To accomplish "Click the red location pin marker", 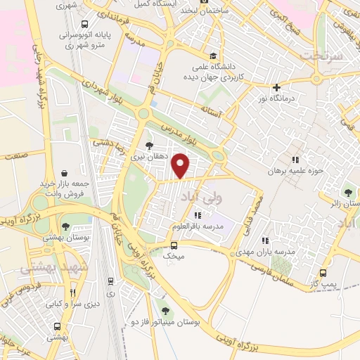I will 181,165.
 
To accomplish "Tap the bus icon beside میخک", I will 174,245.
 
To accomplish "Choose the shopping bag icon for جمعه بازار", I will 65,173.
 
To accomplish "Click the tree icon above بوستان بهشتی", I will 65,226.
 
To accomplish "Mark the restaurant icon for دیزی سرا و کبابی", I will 72,295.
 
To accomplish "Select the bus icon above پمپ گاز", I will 323,273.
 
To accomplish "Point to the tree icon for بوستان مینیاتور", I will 165,310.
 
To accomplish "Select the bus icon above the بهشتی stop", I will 57,327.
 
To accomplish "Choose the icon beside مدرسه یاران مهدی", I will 265,240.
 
